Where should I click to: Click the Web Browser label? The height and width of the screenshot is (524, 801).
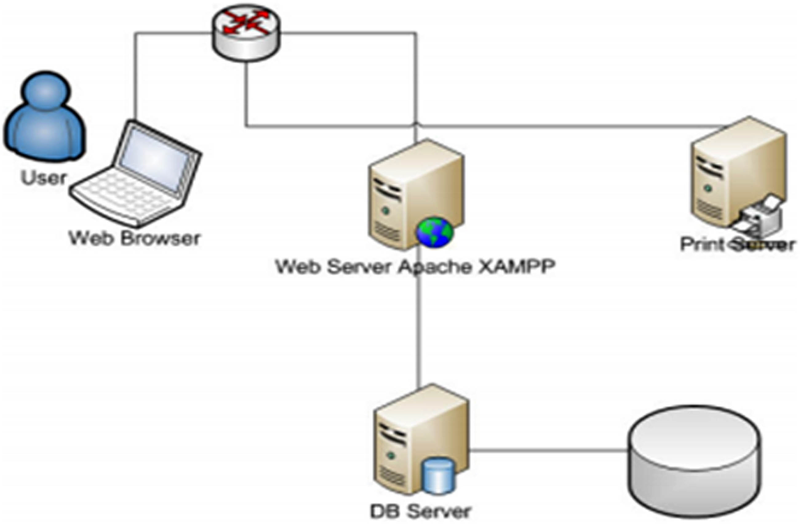[x=135, y=238]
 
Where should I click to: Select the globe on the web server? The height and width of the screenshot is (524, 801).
[x=435, y=232]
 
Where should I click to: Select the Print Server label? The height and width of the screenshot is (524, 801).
[x=737, y=245]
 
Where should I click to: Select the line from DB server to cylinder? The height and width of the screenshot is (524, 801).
[x=548, y=450]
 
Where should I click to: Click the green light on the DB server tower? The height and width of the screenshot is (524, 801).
[x=390, y=455]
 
